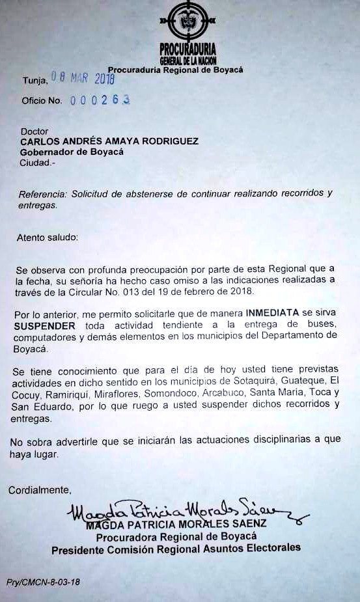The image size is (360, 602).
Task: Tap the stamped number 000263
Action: point(100,100)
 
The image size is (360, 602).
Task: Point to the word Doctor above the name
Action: point(35,131)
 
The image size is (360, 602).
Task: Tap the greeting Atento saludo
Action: point(47,238)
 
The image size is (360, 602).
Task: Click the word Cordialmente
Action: point(40,489)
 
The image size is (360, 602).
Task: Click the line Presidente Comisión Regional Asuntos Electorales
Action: point(176,548)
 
